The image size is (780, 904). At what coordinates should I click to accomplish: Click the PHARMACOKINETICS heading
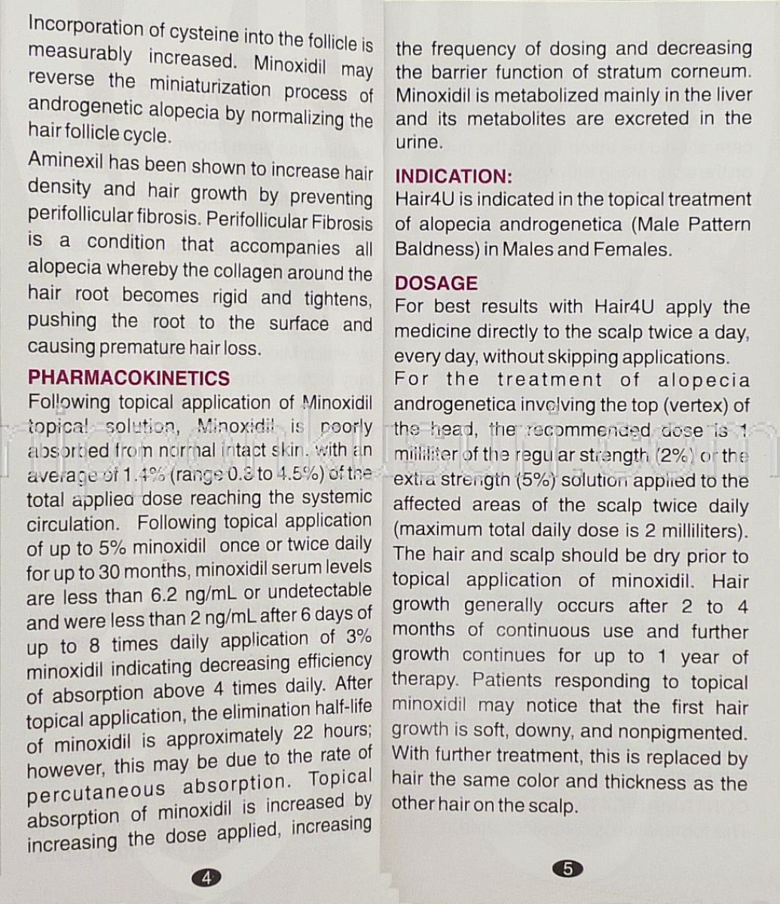click(x=128, y=377)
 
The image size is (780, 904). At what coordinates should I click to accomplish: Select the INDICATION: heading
click(x=454, y=176)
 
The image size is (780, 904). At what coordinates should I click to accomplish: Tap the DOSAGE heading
click(x=436, y=283)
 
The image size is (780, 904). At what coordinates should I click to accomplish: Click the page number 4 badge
click(x=206, y=876)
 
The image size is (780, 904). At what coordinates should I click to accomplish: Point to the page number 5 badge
click(x=567, y=869)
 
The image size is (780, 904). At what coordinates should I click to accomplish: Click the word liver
click(x=733, y=95)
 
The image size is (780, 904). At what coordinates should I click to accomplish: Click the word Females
click(x=633, y=249)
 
